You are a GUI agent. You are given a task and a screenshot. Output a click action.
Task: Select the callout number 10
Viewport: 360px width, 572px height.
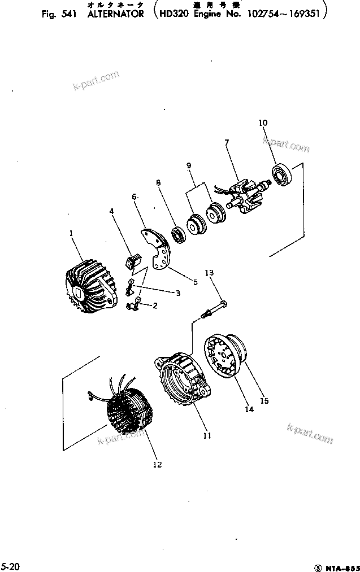point(263,123)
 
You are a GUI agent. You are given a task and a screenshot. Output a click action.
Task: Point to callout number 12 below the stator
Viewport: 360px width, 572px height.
point(157,465)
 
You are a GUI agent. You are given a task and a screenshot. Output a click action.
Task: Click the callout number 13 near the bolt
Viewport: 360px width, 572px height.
point(209,273)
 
